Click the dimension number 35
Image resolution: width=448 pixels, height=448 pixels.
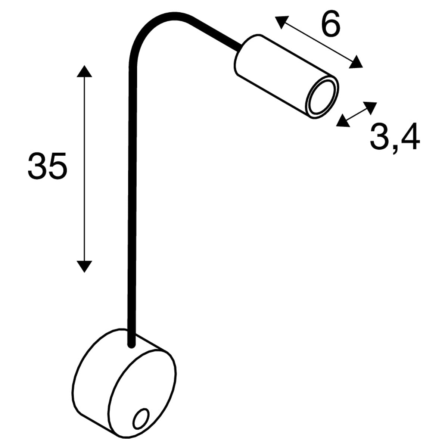(47, 166)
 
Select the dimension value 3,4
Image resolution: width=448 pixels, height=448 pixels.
(395, 139)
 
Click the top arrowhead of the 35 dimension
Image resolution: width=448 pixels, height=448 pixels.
(84, 71)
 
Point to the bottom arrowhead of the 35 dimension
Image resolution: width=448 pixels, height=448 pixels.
(84, 267)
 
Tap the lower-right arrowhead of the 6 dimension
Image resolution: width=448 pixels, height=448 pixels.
(356, 63)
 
